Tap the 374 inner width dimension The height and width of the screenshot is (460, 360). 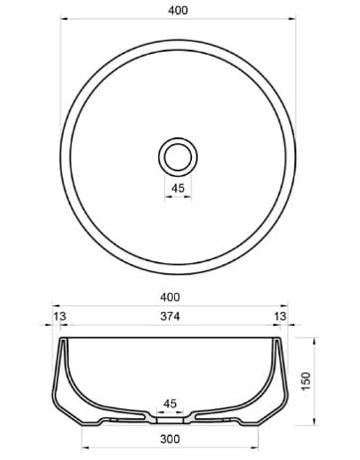coord(170,318)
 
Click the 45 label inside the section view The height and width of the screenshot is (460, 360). coord(170,404)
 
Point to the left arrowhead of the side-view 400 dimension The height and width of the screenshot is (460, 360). coord(54,307)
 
